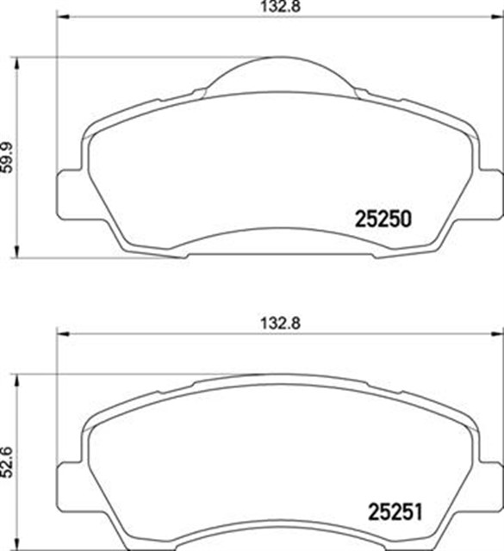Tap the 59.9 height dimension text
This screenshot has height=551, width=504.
click(8, 156)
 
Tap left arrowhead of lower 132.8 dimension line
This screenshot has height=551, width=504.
click(61, 333)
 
